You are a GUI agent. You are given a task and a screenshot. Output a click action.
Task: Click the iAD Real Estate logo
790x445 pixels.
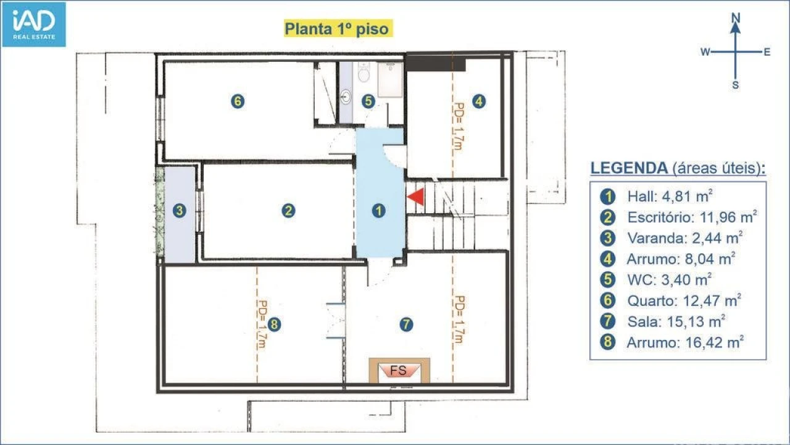click(x=34, y=24)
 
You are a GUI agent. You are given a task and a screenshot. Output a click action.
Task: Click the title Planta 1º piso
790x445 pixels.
click(x=336, y=28)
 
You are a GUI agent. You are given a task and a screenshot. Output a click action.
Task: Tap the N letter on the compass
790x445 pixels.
click(x=735, y=18)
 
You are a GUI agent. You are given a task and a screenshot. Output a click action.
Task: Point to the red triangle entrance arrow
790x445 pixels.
click(x=416, y=197)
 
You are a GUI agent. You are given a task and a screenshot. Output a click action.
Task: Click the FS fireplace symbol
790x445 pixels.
click(x=399, y=370)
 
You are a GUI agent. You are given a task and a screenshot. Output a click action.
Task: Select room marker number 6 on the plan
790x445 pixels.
click(x=238, y=101)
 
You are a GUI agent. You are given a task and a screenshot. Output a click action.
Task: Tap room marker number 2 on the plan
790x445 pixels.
click(x=288, y=211)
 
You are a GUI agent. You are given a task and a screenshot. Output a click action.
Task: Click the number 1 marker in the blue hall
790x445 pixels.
click(x=378, y=211)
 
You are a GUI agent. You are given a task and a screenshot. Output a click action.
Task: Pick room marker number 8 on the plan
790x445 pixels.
click(x=274, y=324)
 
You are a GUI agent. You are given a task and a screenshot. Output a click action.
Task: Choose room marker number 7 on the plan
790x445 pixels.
click(x=406, y=324)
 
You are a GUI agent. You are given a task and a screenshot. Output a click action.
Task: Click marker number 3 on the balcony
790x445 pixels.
click(x=179, y=211)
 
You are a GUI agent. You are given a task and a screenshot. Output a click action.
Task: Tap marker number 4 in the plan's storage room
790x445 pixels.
click(x=478, y=101)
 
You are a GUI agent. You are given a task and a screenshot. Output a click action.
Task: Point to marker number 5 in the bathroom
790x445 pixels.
click(x=368, y=101)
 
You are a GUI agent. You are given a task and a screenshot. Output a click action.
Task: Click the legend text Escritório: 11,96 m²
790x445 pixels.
click(x=692, y=217)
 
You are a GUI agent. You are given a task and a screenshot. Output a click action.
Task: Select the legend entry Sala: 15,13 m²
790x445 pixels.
click(x=676, y=321)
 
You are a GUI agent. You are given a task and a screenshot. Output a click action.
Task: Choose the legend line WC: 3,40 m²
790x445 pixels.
click(x=669, y=280)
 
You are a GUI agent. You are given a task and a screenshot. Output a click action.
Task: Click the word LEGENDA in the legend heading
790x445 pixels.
click(x=629, y=168)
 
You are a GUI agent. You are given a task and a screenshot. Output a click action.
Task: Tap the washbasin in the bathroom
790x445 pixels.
click(x=346, y=96)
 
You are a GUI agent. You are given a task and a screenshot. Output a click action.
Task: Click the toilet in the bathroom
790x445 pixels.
click(x=364, y=72)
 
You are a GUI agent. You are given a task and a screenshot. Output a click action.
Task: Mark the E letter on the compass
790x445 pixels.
click(x=767, y=53)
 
